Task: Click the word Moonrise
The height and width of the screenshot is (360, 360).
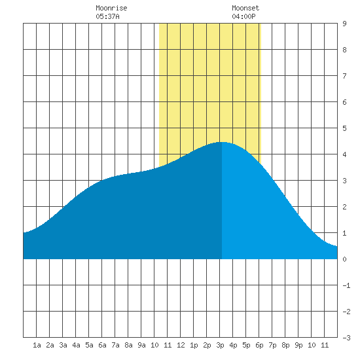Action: click(111, 8)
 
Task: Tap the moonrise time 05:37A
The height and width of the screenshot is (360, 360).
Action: click(108, 16)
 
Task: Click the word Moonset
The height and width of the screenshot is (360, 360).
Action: click(245, 8)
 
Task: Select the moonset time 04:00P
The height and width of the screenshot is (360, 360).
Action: click(243, 16)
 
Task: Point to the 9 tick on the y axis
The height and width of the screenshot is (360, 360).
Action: click(344, 24)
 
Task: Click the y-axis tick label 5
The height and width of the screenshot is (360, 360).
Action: click(344, 128)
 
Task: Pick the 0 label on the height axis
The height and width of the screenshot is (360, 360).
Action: click(344, 259)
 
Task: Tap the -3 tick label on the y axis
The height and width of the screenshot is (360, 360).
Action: click(346, 338)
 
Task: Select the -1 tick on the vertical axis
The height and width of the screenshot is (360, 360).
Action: click(346, 285)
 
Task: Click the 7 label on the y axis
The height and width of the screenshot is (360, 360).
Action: click(344, 76)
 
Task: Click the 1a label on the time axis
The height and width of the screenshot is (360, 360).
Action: click(37, 345)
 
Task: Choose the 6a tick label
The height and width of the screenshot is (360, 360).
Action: click(102, 345)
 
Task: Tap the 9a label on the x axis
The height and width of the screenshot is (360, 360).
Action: click(141, 345)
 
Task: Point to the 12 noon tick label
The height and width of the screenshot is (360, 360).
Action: click(181, 345)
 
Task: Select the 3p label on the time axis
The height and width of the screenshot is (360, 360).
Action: click(220, 345)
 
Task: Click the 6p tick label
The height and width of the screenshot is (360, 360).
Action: click(259, 345)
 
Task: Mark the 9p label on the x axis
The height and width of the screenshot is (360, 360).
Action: click(298, 345)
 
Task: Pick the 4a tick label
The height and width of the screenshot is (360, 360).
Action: click(76, 345)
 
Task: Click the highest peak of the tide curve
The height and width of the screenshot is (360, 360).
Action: click(222, 142)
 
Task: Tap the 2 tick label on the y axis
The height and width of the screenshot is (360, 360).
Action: click(344, 207)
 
